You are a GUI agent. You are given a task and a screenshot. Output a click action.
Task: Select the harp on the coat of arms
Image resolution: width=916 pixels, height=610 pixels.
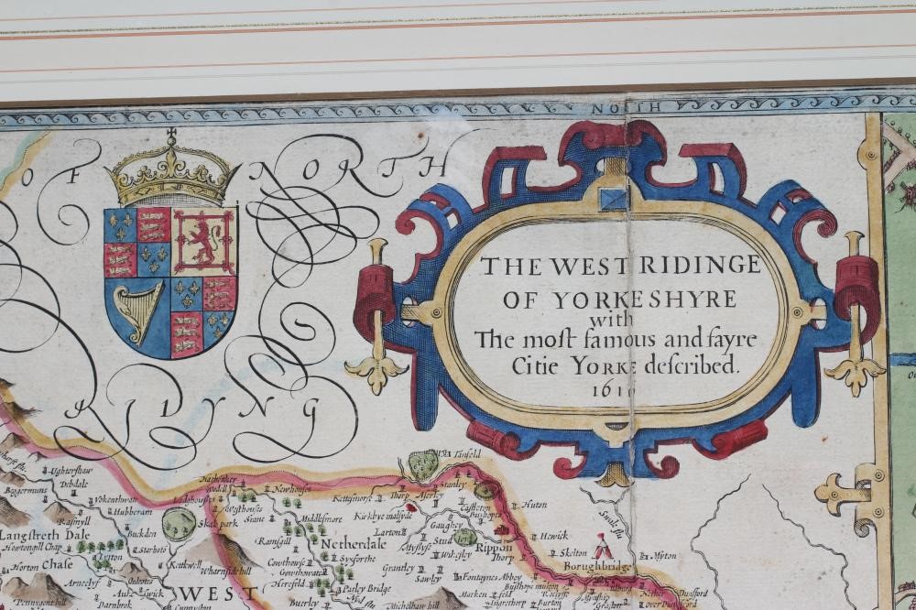pos(137,312)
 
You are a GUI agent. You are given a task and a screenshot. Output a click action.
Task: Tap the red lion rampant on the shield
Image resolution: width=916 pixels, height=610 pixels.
pos(204,240)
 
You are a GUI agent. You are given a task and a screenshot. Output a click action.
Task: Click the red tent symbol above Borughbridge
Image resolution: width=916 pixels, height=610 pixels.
pos(603,549)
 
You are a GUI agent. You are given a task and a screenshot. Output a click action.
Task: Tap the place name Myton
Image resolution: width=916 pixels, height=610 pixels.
pos(660,555)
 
